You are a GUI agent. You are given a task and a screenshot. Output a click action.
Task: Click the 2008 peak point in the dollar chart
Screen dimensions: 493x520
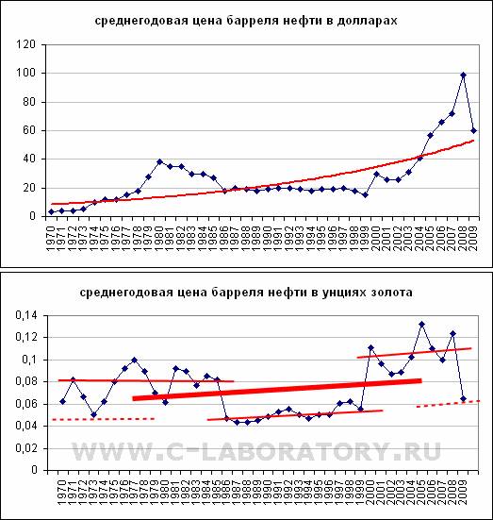pyautogui.click(x=463, y=75)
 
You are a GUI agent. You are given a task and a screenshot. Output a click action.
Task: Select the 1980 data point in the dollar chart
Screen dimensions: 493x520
pyautogui.click(x=159, y=161)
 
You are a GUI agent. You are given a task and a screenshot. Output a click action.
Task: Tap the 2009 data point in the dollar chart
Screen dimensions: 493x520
pyautogui.click(x=474, y=131)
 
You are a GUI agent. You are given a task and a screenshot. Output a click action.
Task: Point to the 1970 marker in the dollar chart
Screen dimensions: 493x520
pyautogui.click(x=51, y=212)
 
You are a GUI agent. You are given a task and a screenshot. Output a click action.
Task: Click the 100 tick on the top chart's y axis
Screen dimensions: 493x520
pyautogui.click(x=25, y=73)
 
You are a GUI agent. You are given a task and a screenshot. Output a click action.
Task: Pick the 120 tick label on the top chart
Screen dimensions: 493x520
pyautogui.click(x=25, y=44)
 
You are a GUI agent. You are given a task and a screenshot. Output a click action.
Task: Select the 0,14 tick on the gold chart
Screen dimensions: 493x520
pyautogui.click(x=26, y=315)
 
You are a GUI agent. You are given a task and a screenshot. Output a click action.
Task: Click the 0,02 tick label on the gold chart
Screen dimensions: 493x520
pyautogui.click(x=26, y=448)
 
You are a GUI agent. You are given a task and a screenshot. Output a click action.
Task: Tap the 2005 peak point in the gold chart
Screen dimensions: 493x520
pyautogui.click(x=421, y=324)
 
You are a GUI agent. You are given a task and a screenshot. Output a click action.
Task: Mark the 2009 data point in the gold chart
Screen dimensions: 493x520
pyautogui.click(x=463, y=398)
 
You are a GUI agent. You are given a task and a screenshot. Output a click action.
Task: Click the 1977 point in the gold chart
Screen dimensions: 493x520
pyautogui.click(x=134, y=360)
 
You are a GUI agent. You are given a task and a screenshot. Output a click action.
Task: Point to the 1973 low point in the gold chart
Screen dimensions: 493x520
pyautogui.click(x=93, y=415)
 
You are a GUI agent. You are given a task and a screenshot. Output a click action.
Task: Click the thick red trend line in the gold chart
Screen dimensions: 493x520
pyautogui.click(x=277, y=390)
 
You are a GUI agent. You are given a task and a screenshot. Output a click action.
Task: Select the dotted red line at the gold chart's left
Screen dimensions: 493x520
pyautogui.click(x=104, y=419)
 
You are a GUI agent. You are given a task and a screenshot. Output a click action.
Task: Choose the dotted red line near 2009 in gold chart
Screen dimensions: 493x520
pyautogui.click(x=448, y=404)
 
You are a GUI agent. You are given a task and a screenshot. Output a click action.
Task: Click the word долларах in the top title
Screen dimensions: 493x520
pyautogui.click(x=367, y=21)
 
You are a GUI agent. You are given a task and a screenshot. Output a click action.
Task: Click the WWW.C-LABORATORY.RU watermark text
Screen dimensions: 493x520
pyautogui.click(x=256, y=451)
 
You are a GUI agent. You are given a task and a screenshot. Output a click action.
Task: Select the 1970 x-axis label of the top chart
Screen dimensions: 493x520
pyautogui.click(x=51, y=238)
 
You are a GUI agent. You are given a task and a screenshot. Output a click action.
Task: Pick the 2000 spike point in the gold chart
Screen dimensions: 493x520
pyautogui.click(x=370, y=347)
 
